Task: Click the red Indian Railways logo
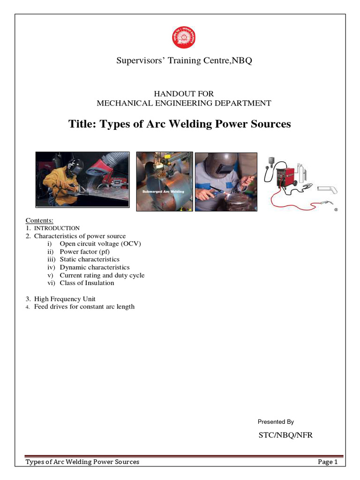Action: point(183,38)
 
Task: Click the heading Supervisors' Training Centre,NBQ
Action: point(184,61)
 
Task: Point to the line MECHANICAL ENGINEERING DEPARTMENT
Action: point(184,103)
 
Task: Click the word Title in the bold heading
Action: point(82,124)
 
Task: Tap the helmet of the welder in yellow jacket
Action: point(74,167)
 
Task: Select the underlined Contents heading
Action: point(39,220)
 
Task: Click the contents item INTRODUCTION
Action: point(57,228)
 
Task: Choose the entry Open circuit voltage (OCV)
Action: point(100,244)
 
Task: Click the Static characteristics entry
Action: point(90,259)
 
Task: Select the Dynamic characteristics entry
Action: point(94,267)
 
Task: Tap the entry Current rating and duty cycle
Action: point(102,275)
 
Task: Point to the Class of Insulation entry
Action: point(87,283)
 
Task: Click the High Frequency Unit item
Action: point(65,299)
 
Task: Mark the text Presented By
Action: point(276,422)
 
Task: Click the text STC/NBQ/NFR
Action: point(285,435)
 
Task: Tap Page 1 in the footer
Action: point(328,462)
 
